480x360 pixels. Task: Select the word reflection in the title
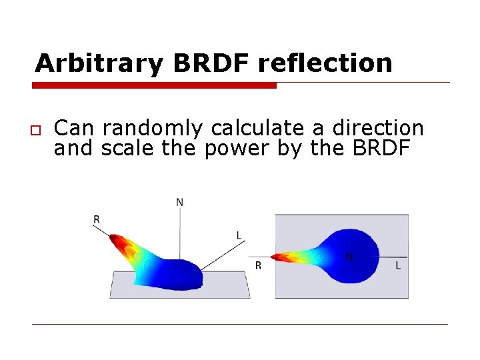pyautogui.click(x=325, y=63)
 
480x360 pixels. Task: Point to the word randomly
pyautogui.click(x=154, y=127)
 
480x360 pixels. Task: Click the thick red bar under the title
pyautogui.click(x=155, y=85)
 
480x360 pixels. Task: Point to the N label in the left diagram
pyautogui.click(x=179, y=202)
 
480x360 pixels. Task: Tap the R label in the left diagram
pyautogui.click(x=97, y=219)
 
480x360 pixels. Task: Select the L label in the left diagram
pyautogui.click(x=239, y=235)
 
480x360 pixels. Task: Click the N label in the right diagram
pyautogui.click(x=349, y=257)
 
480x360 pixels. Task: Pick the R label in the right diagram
pyautogui.click(x=259, y=265)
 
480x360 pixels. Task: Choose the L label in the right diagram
pyautogui.click(x=398, y=265)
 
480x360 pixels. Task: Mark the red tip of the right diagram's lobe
pyautogui.click(x=278, y=256)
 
